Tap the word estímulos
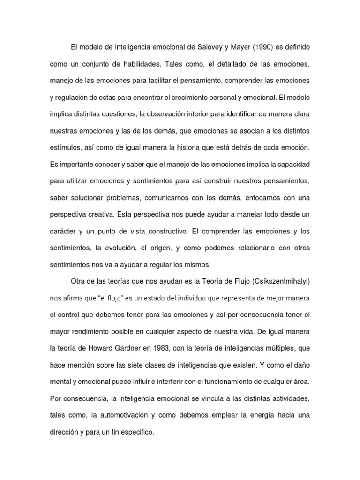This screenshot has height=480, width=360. pos(65,148)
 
